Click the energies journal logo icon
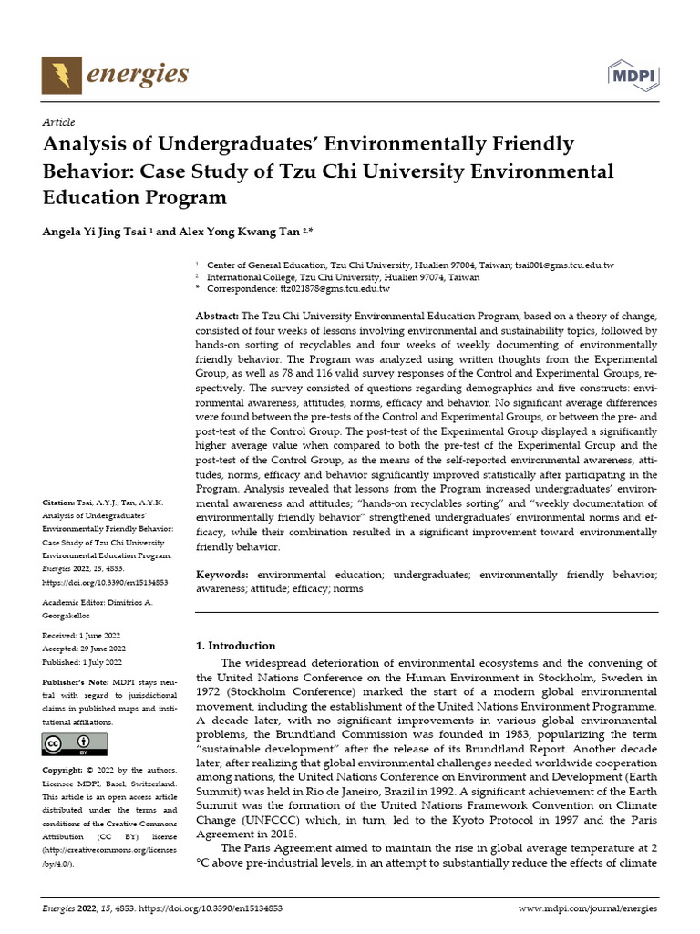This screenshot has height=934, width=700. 61,75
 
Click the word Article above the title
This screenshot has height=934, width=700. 59,122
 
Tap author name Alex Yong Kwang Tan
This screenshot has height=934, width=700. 251,232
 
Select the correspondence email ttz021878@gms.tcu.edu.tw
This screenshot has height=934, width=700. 335,288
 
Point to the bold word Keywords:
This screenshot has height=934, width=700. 222,575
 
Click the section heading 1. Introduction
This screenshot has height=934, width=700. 236,646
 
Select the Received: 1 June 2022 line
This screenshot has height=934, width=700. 82,635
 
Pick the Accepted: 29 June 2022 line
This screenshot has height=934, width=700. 84,649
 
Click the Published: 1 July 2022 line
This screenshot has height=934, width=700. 82,662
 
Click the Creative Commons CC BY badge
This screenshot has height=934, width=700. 67,743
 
